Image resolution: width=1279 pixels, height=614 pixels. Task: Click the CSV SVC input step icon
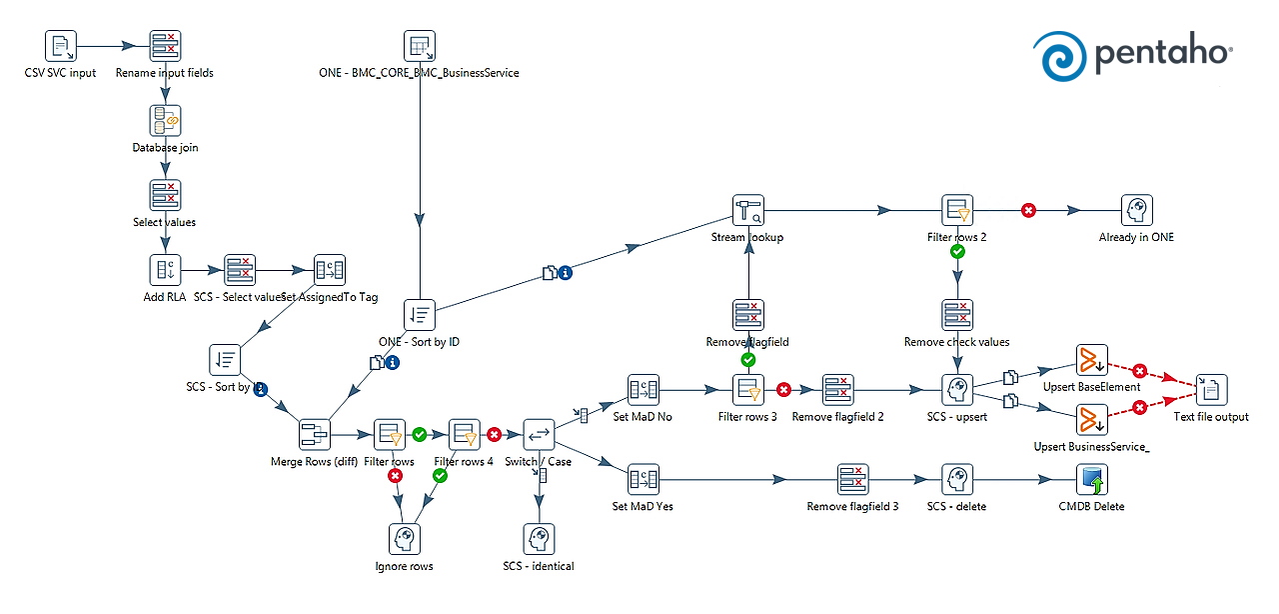pyautogui.click(x=61, y=46)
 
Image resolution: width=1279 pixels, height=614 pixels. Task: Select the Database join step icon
pyautogui.click(x=165, y=121)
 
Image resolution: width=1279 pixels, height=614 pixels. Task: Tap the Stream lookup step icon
pyautogui.click(x=748, y=210)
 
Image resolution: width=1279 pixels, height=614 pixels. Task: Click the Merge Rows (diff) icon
pyautogui.click(x=315, y=434)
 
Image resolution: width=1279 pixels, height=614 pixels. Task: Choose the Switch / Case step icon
pyautogui.click(x=539, y=434)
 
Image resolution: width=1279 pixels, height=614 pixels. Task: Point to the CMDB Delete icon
pyautogui.click(x=1091, y=480)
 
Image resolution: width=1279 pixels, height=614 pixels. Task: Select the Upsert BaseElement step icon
pyautogui.click(x=1091, y=361)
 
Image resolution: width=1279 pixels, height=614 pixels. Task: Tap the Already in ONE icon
pyautogui.click(x=1137, y=210)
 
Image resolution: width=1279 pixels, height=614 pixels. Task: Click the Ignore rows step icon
pyautogui.click(x=404, y=539)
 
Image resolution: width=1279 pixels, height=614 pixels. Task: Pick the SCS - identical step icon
pyautogui.click(x=539, y=539)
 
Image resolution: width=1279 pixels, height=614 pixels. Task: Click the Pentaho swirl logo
pyautogui.click(x=1058, y=55)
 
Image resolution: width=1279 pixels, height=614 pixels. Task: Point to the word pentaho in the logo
pyautogui.click(x=1164, y=57)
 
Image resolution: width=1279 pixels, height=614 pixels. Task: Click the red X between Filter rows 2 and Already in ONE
pyautogui.click(x=1028, y=210)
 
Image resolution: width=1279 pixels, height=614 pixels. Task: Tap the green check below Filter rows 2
pyautogui.click(x=957, y=252)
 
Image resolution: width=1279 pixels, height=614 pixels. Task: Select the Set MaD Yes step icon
pyautogui.click(x=642, y=480)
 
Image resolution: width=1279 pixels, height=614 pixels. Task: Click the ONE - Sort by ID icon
pyautogui.click(x=420, y=315)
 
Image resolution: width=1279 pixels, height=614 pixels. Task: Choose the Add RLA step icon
pyautogui.click(x=165, y=270)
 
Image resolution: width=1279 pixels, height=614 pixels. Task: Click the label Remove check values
pyautogui.click(x=956, y=342)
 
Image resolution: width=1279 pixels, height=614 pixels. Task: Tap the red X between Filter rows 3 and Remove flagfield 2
pyautogui.click(x=784, y=390)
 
